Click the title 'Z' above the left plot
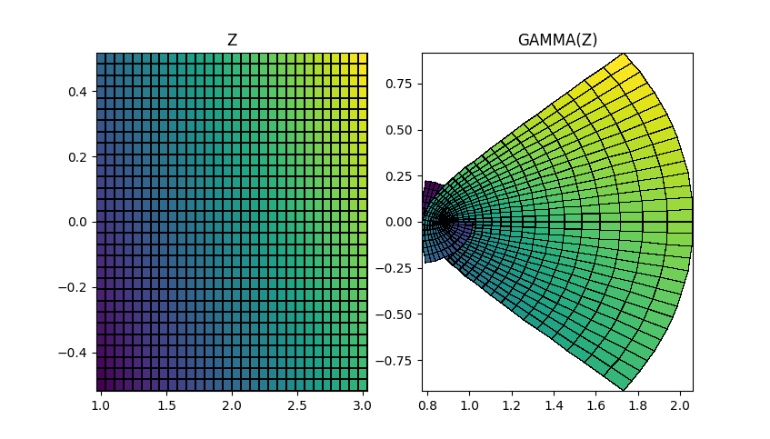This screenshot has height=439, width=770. [232, 40]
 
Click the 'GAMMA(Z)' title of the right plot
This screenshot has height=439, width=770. [557, 40]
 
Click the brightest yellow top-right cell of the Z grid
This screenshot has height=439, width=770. [362, 58]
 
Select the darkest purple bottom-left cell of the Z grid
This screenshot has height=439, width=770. [102, 385]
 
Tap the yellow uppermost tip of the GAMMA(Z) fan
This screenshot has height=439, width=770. [624, 60]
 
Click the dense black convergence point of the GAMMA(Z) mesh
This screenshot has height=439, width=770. [445, 221]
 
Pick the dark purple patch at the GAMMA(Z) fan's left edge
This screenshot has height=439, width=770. [429, 196]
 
